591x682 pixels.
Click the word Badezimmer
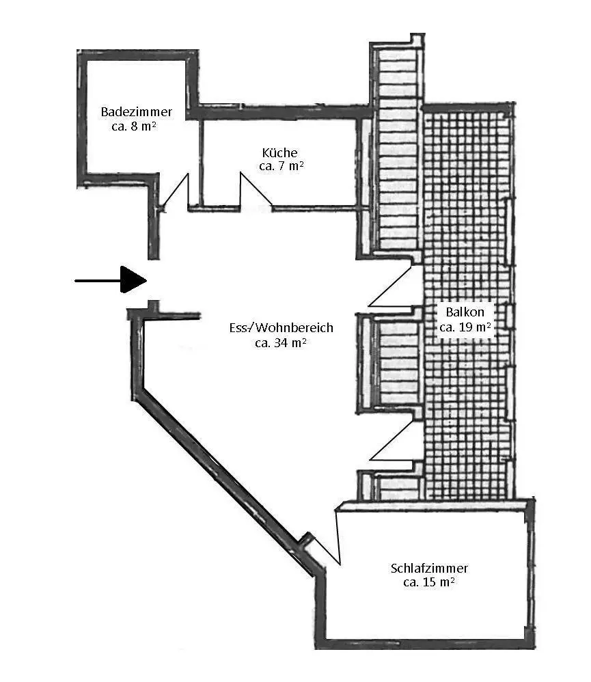coord(136,112)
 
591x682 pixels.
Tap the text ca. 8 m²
coord(134,126)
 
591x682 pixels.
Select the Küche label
coord(279,152)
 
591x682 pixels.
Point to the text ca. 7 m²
coord(281,165)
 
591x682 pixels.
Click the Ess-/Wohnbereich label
coord(281,327)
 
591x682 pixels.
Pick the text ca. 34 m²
coord(281,343)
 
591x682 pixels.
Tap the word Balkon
coord(465,312)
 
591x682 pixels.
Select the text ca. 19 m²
coord(465,327)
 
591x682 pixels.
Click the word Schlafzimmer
coord(429,568)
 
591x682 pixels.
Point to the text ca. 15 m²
coord(429,582)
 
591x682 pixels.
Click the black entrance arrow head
coord(133,279)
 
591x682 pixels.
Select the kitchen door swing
coord(256,190)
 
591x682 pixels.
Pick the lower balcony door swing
coord(391,440)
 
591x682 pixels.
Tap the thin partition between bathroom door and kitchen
coord(201,163)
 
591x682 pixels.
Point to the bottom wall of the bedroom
coord(425,644)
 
